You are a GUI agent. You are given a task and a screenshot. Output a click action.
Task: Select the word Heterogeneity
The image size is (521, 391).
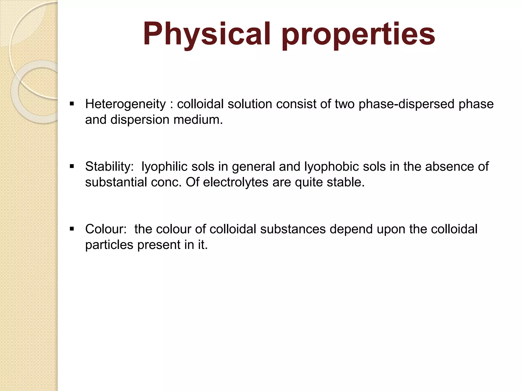pos(125,104)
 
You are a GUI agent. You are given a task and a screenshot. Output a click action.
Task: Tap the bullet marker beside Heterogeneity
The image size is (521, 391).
pos(72,104)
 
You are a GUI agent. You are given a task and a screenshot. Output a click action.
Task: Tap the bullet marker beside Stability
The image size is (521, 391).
pos(72,166)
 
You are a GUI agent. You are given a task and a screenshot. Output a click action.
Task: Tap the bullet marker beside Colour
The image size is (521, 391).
pos(72,229)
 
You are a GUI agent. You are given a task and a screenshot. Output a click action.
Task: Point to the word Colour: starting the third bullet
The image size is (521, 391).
pos(106,229)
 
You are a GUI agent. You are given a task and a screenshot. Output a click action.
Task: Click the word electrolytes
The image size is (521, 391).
pos(236,182)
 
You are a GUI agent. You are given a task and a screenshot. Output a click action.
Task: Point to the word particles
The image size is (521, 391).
pos(109,245)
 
